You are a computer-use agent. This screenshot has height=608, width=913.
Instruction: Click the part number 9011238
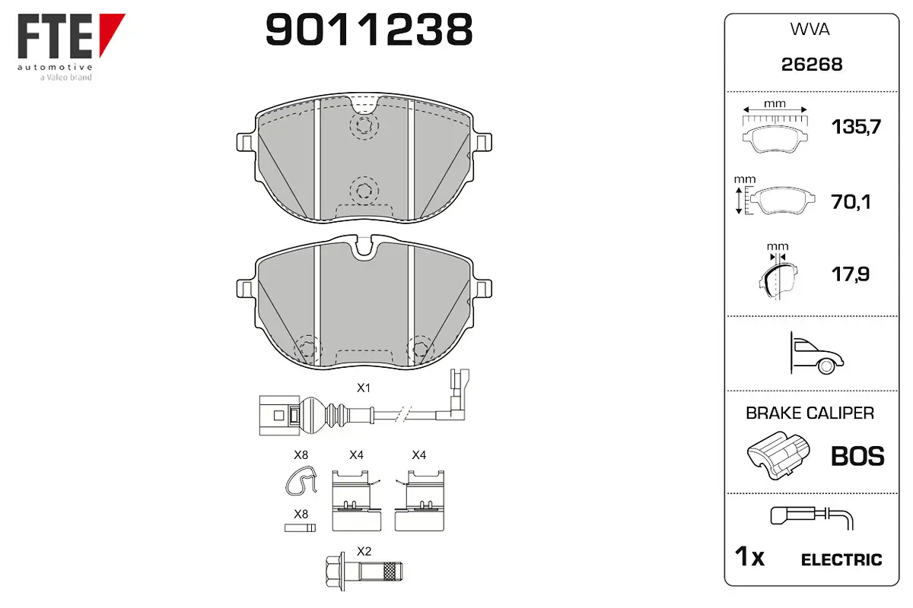pos(369,30)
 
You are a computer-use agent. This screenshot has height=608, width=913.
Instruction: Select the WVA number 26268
pos(812,65)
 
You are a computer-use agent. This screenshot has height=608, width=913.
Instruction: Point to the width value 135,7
pos(856,127)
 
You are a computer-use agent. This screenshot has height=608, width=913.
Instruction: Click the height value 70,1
pos(851,201)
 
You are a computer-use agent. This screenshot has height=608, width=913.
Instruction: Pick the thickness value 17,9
pos(851,274)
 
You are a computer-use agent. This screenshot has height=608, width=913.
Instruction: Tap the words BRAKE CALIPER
pos(810,413)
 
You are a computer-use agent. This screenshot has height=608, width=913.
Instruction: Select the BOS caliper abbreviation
pos(857,456)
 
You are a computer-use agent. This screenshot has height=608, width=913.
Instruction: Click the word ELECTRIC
pos(841,560)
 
